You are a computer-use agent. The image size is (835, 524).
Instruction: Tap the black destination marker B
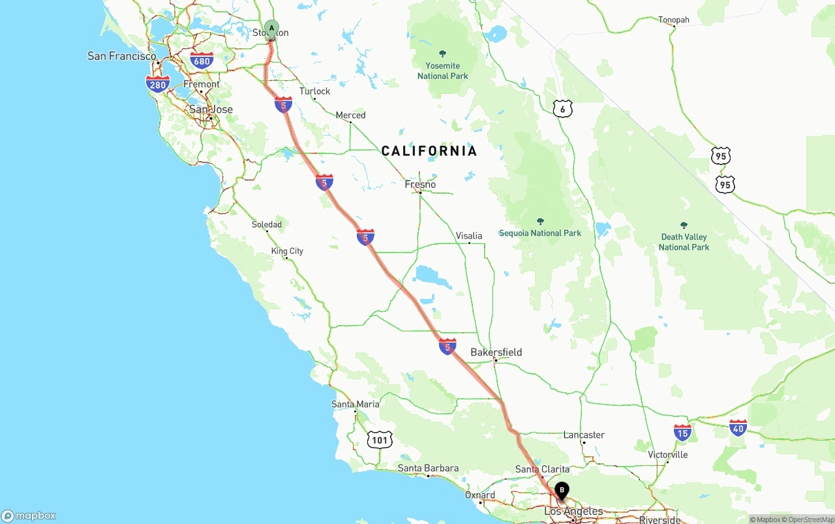(x=562, y=491)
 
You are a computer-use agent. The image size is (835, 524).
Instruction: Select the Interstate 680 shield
(x=202, y=61)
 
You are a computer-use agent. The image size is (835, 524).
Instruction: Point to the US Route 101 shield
(x=380, y=440)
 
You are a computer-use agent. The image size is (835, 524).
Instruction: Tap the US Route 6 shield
(x=563, y=109)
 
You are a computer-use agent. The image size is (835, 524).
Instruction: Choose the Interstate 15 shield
(x=682, y=432)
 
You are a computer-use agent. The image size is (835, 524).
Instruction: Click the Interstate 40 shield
(x=738, y=428)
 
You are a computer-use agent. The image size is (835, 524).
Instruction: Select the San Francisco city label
(x=122, y=56)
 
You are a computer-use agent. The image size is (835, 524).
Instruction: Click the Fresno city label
(x=420, y=185)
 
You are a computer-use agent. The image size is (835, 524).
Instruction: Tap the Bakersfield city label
(x=496, y=352)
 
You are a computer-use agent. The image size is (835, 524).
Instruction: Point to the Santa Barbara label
(x=428, y=469)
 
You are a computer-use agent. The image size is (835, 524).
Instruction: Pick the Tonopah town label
(x=673, y=20)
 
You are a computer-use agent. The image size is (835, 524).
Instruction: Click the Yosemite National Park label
(x=443, y=70)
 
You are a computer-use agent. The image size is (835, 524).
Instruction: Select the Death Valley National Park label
(x=684, y=242)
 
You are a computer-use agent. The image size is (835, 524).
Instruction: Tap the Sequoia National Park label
(x=539, y=233)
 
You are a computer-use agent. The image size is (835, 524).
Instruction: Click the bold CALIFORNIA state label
(x=429, y=151)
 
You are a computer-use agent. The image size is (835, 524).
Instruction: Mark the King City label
(x=287, y=251)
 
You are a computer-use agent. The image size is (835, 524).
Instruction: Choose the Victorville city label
(x=667, y=455)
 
